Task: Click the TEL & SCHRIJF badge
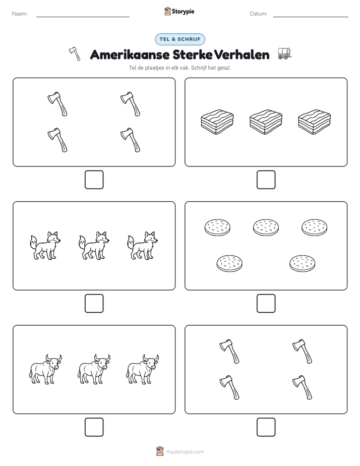[179, 39]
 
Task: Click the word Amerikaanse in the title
[130, 54]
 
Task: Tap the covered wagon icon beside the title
[284, 53]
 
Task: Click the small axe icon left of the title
[75, 54]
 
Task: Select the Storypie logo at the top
[179, 11]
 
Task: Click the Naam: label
[20, 14]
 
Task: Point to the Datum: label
[258, 14]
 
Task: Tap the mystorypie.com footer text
[185, 452]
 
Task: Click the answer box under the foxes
[94, 304]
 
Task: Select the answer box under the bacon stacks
[266, 180]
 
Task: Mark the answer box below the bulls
[94, 427]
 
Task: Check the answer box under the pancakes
[266, 304]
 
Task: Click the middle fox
[94, 246]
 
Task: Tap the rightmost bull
[142, 369]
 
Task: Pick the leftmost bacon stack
[217, 122]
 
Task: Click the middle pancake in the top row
[266, 227]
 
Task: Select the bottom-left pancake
[229, 263]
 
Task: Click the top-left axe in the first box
[57, 104]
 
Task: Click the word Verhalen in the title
[242, 54]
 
